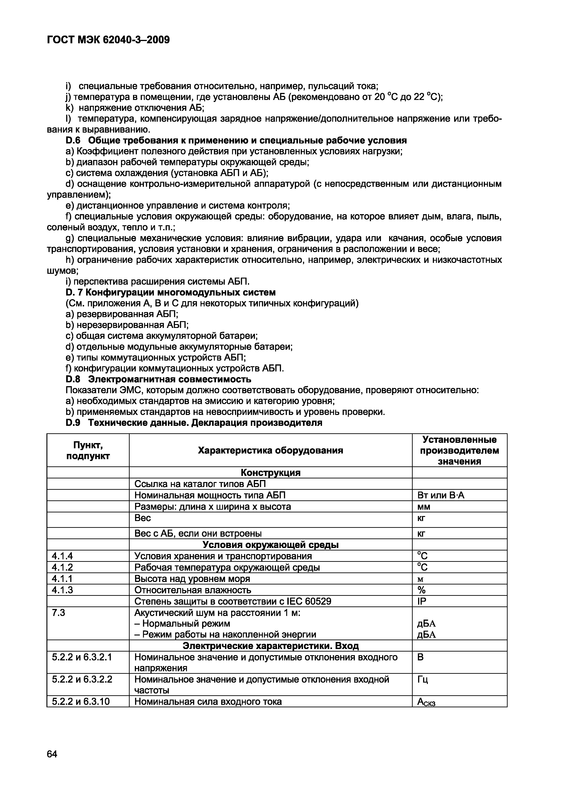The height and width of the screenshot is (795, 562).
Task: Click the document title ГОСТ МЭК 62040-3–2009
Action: point(108,40)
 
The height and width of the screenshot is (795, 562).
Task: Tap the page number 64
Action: point(52,754)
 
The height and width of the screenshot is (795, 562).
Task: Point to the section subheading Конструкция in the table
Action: point(270,473)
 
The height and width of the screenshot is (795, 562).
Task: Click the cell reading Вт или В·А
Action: point(441,495)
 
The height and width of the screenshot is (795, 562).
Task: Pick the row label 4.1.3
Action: point(62,590)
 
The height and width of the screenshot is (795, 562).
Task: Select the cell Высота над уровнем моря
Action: point(192,579)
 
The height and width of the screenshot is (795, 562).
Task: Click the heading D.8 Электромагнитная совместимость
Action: point(158,380)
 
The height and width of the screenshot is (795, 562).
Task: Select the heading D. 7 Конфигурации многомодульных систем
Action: point(170,293)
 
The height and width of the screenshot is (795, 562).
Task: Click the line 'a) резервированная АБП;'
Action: point(122,314)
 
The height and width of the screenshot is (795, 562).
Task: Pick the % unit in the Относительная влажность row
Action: point(421,590)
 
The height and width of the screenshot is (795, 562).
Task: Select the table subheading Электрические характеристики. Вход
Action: point(270,646)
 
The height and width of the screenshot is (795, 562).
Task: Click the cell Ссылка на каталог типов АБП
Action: point(200,484)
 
